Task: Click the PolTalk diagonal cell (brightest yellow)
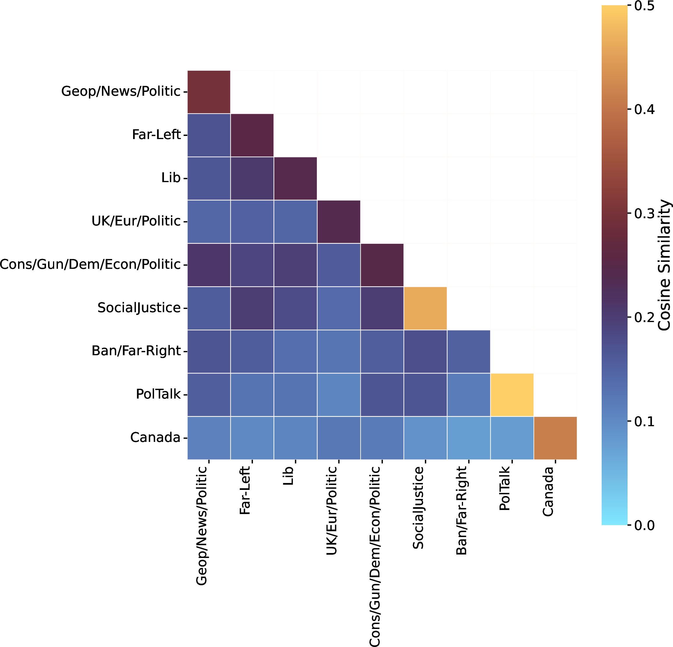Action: point(512,394)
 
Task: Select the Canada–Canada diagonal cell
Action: point(555,438)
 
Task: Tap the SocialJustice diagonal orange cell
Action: point(425,308)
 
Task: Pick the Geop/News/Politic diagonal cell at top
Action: point(209,92)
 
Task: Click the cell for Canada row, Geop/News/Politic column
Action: point(209,438)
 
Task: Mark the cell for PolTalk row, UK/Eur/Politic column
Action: point(339,394)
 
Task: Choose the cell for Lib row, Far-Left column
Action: point(252,178)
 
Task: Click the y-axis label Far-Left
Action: point(156,134)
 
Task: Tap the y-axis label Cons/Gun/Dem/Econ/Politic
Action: point(90,264)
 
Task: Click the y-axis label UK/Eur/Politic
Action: point(136,221)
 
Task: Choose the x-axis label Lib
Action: point(288,475)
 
